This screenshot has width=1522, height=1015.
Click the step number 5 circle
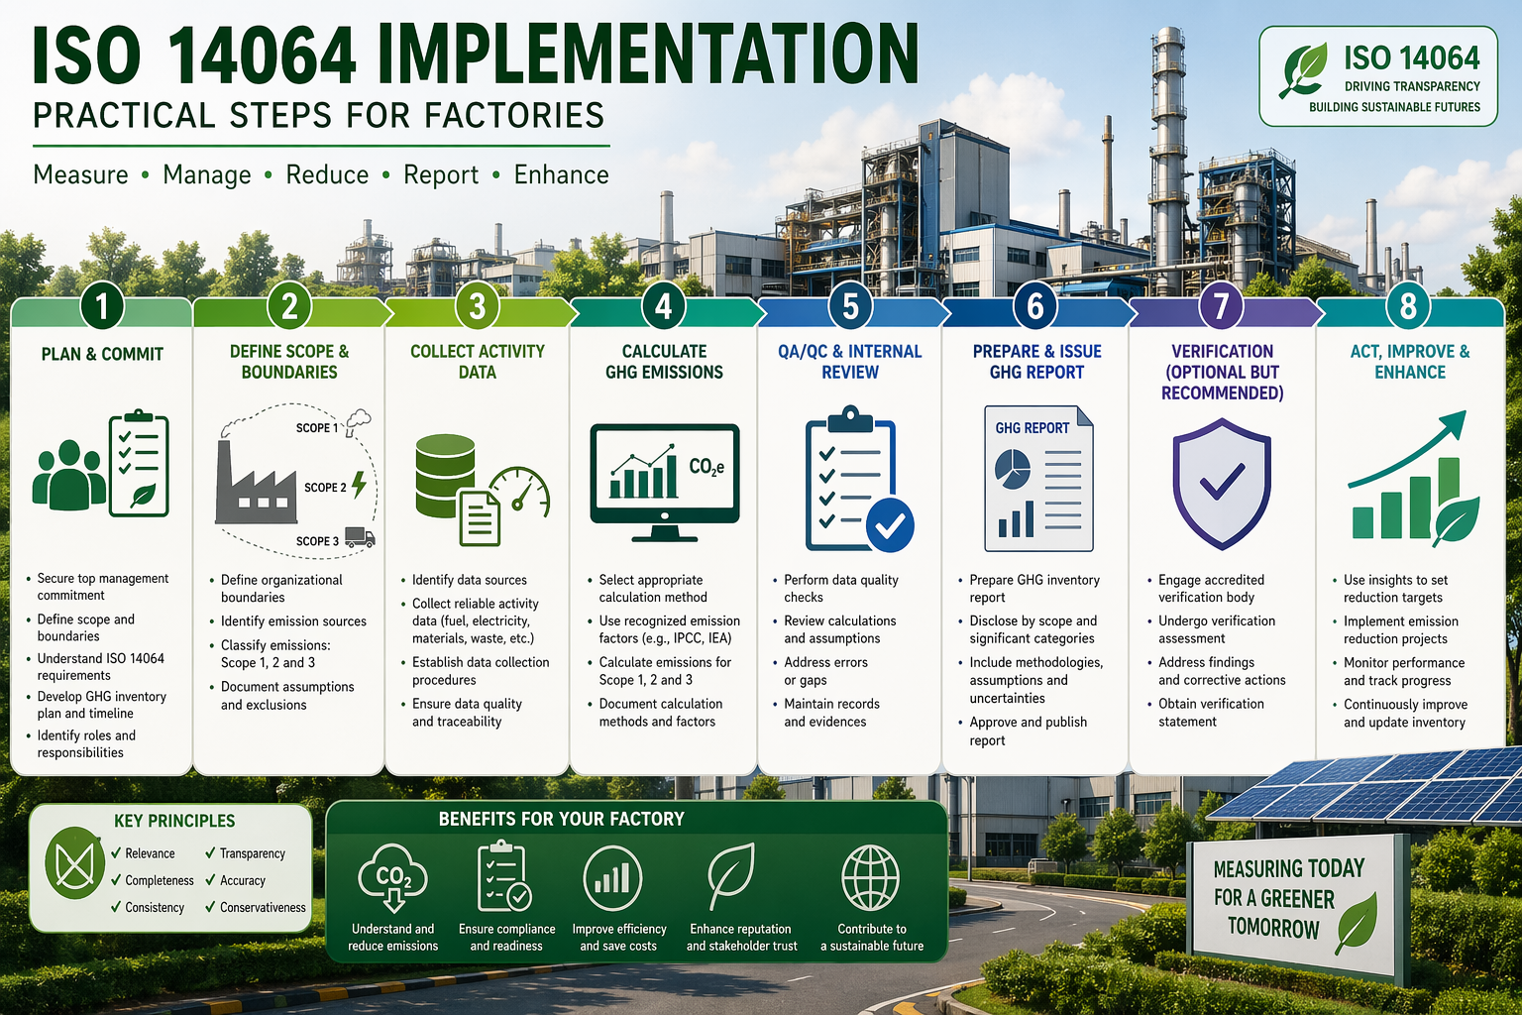(x=849, y=306)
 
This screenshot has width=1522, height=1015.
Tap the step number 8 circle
(x=1408, y=306)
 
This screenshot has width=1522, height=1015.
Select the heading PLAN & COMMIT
(x=102, y=354)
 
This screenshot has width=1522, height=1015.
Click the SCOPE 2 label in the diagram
(x=325, y=488)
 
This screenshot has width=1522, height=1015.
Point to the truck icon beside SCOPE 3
(x=360, y=538)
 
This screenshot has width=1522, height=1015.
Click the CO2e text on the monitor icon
(x=706, y=467)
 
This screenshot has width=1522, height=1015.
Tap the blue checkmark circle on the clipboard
(x=890, y=524)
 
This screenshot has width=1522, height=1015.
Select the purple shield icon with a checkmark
(x=1221, y=483)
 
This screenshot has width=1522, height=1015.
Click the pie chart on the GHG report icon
(x=1012, y=469)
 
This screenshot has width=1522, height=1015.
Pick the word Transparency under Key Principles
(x=252, y=853)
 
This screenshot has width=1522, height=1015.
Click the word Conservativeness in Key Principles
(x=263, y=907)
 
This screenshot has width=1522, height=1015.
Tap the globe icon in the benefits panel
(x=870, y=878)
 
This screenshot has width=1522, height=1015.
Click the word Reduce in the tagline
(x=327, y=175)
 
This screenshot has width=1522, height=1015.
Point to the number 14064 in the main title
(x=262, y=56)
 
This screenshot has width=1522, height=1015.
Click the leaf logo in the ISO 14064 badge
(x=1304, y=69)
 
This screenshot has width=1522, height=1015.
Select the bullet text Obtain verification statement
(x=1211, y=713)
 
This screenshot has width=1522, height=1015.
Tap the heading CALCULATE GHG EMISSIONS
(x=664, y=362)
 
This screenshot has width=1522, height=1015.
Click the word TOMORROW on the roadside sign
(x=1273, y=928)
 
